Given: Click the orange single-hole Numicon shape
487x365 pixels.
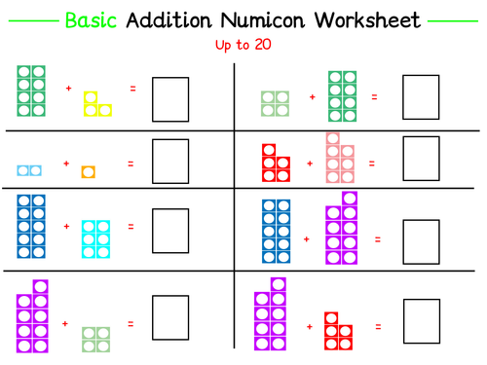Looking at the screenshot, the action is click(x=88, y=172).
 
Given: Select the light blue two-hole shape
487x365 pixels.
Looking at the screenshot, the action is click(x=29, y=171).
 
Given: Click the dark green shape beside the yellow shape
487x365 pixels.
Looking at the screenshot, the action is click(x=31, y=90).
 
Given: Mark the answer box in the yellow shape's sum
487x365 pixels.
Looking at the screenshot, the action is click(x=169, y=97).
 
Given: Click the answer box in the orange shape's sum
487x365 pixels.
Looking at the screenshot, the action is click(x=169, y=162).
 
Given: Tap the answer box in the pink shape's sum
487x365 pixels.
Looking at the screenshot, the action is click(x=422, y=159).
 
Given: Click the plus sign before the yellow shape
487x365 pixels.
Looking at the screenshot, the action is click(x=68, y=89).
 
